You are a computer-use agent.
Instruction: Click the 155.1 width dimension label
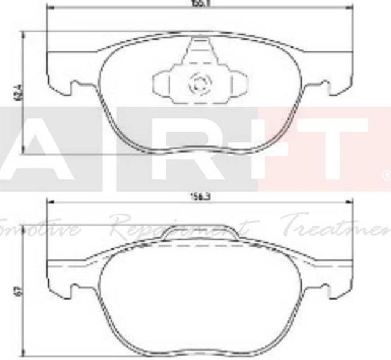tap(197, 3)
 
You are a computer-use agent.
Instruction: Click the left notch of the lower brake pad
tap(72, 287)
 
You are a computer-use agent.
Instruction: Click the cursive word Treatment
tap(339, 227)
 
